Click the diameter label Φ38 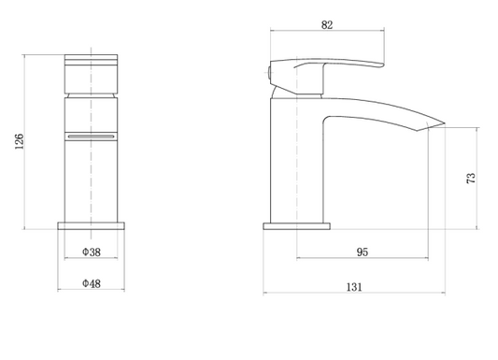pos(91,252)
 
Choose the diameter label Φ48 pos(91,282)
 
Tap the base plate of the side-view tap pos(297,225)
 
